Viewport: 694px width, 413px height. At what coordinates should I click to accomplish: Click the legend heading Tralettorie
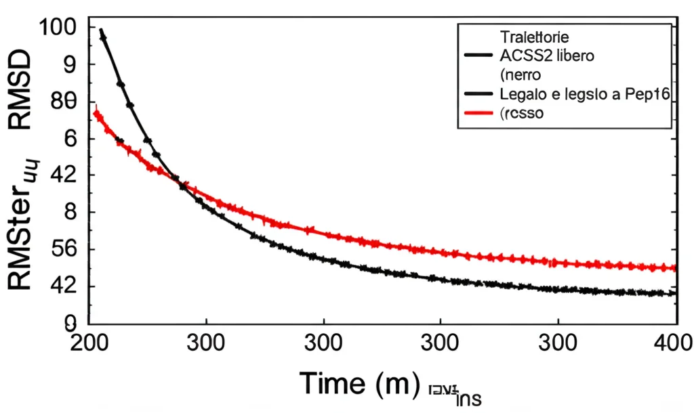pyautogui.click(x=535, y=37)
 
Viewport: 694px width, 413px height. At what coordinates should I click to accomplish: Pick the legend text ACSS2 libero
pyautogui.click(x=547, y=56)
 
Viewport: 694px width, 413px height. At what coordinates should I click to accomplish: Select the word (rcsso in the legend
pyautogui.click(x=522, y=114)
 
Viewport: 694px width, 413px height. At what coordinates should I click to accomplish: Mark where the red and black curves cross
pyautogui.click(x=182, y=183)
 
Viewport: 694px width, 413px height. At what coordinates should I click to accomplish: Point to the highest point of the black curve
pyautogui.click(x=101, y=30)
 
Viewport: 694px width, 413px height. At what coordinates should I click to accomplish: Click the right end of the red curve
pyautogui.click(x=674, y=268)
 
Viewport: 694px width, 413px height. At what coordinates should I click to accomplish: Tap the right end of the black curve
pyautogui.click(x=674, y=293)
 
